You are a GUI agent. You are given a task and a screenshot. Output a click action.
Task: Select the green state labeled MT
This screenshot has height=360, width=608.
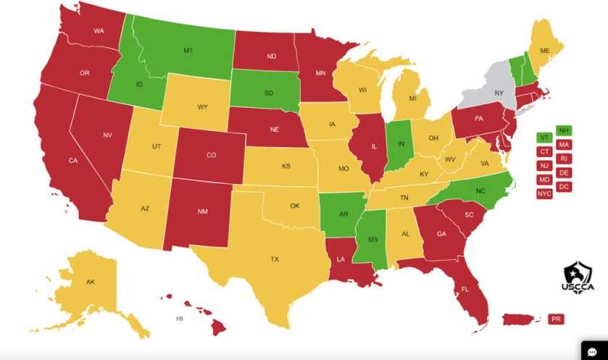(x=188, y=51)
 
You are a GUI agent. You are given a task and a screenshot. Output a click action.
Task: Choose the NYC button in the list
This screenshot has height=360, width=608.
(x=544, y=193)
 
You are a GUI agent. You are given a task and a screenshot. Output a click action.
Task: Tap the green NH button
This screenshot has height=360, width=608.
(x=563, y=130)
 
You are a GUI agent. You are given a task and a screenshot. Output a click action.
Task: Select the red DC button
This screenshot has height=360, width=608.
(x=563, y=186)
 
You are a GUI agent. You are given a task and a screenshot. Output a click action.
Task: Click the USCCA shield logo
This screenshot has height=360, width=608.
(x=577, y=277)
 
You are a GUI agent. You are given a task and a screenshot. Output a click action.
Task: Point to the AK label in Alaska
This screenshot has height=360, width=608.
(x=90, y=282)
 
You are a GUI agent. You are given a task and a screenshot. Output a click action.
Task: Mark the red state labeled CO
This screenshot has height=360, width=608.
(x=211, y=155)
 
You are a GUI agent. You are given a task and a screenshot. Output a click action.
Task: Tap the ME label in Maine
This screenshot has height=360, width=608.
(x=545, y=51)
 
